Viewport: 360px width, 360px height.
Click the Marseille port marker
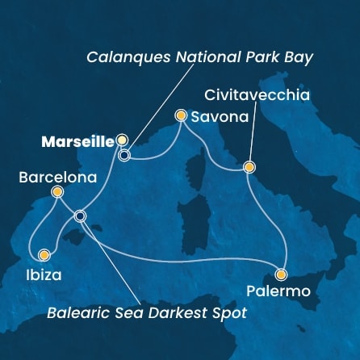123,140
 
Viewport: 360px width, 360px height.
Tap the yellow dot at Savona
182,116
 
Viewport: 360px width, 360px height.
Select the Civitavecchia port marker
249,168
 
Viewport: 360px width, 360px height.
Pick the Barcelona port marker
57,192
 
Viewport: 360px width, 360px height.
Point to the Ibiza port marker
44,255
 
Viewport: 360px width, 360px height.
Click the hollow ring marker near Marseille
124,155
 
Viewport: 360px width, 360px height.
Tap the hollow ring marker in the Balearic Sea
79,216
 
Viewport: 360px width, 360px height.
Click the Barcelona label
55,177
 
